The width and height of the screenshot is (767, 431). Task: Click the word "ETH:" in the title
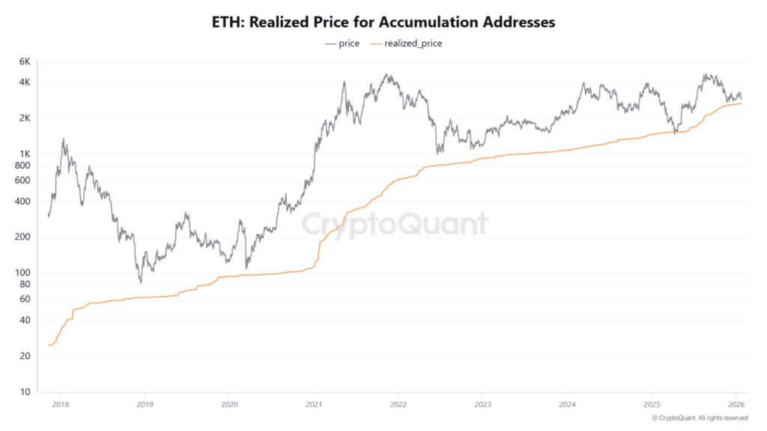(x=228, y=22)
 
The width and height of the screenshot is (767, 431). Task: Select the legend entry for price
(x=342, y=43)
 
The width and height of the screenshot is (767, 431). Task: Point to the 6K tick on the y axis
(x=24, y=61)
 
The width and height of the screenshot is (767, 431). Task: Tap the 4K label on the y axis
(x=24, y=82)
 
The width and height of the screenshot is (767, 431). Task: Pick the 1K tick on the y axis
(x=24, y=155)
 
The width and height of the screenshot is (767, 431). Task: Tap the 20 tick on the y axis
(x=24, y=356)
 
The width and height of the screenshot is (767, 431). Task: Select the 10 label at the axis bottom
(x=24, y=392)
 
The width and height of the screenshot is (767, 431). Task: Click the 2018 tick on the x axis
(x=61, y=404)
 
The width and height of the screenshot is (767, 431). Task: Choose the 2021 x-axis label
(x=314, y=404)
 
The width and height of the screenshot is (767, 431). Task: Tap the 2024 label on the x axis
(x=567, y=404)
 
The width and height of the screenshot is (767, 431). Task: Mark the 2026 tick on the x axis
(x=736, y=404)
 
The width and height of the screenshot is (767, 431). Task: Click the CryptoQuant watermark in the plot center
(x=395, y=224)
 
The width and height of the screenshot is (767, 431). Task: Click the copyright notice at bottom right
(x=700, y=418)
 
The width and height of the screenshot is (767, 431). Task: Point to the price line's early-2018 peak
(x=64, y=139)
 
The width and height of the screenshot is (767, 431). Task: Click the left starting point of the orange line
(x=49, y=345)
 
